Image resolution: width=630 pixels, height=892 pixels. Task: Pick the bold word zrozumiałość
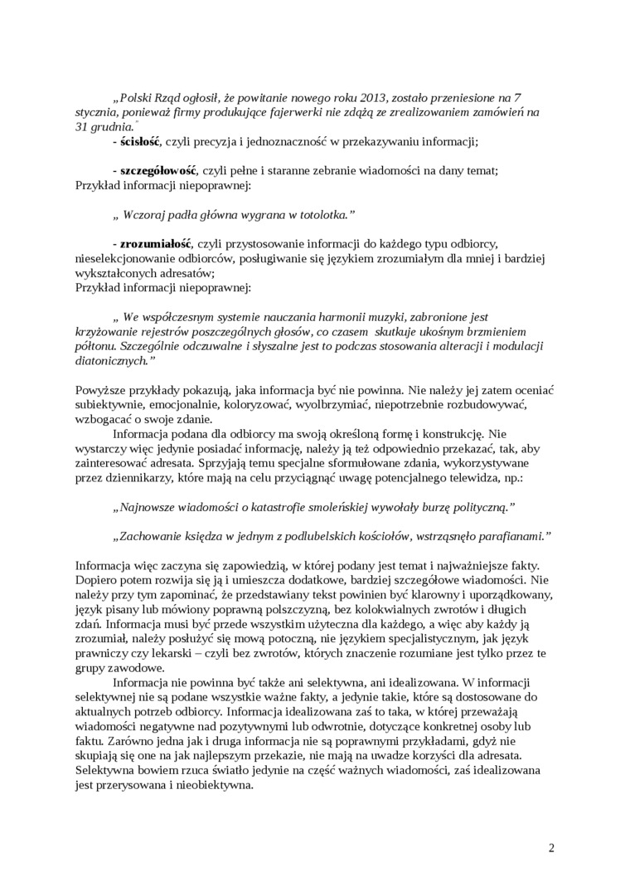click(x=156, y=243)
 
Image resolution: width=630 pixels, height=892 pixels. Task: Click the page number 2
click(x=551, y=847)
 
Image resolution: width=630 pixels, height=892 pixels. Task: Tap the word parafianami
click(x=515, y=536)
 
